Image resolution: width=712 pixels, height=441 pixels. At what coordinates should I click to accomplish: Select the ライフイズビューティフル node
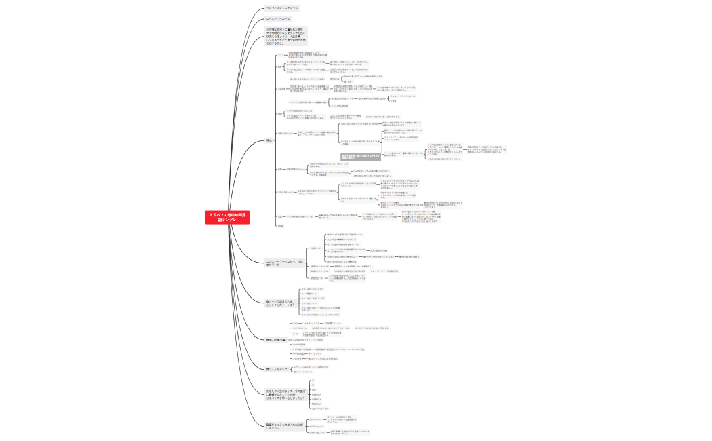(x=281, y=8)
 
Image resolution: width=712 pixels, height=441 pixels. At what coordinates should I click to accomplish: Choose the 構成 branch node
(x=269, y=140)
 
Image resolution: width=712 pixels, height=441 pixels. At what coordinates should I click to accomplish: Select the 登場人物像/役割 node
(x=278, y=339)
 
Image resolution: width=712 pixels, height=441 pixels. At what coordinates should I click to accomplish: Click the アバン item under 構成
(x=281, y=55)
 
